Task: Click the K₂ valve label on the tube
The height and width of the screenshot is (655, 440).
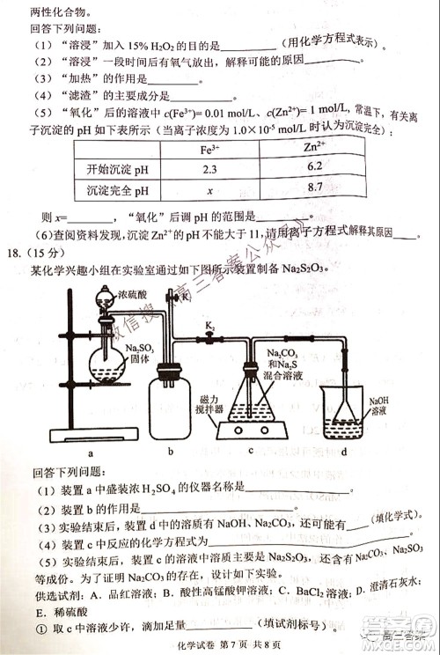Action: (210, 327)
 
